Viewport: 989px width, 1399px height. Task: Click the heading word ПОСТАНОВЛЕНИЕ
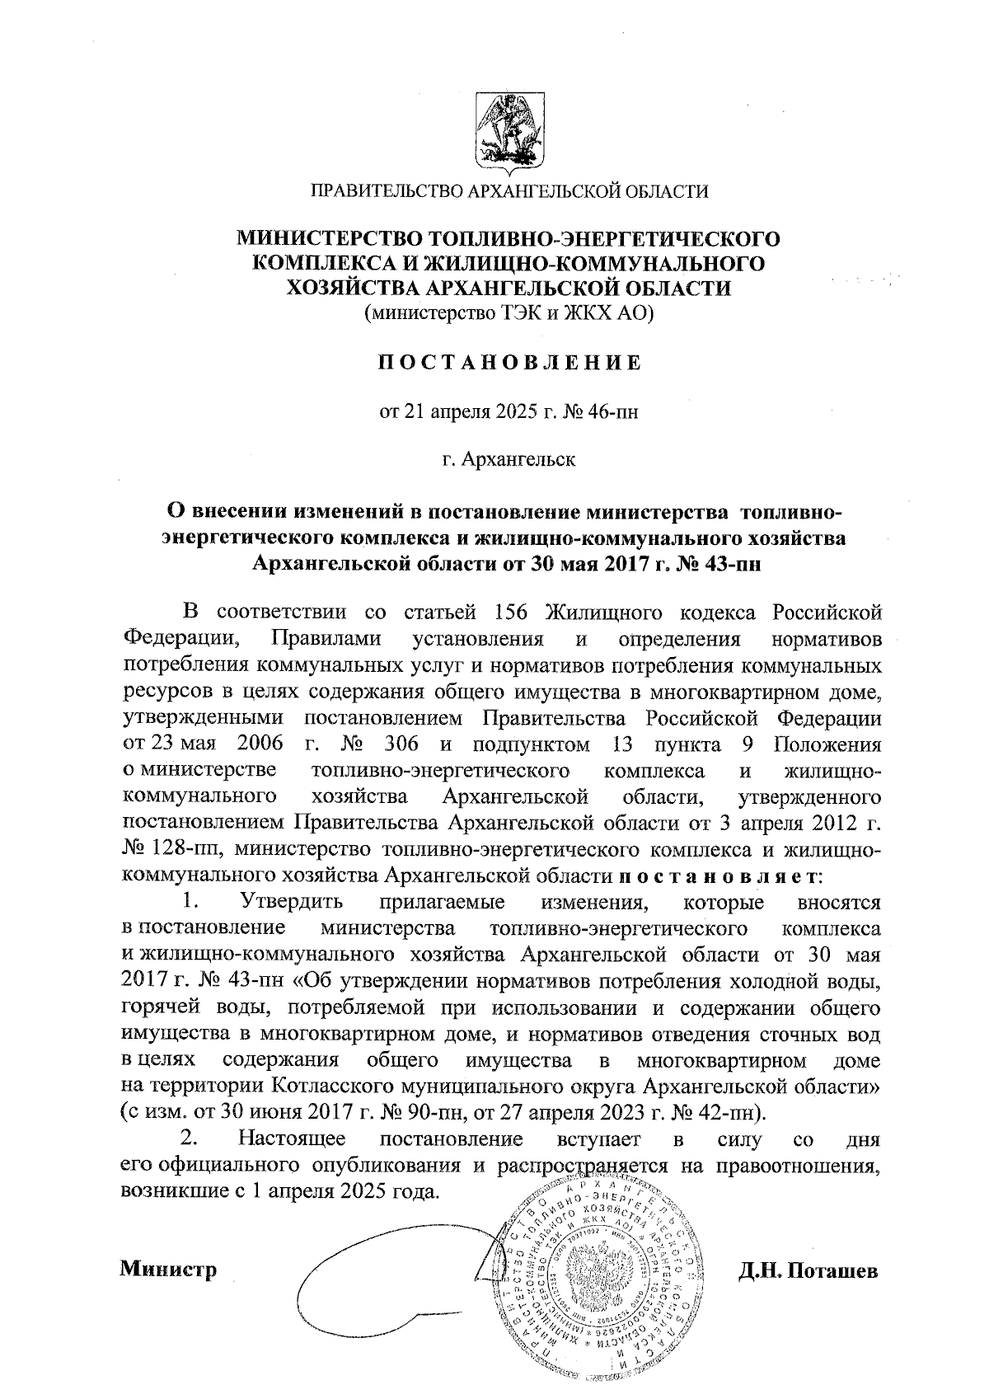pos(509,364)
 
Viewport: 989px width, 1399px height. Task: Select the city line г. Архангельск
pos(509,459)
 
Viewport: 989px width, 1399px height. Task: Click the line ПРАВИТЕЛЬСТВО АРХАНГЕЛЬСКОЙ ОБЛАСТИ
pos(509,192)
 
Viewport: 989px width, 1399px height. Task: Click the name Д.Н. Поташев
pos(809,1269)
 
